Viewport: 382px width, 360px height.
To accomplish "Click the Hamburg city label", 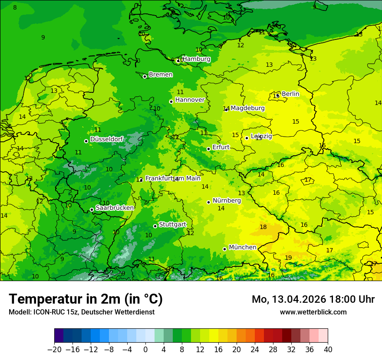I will click(196, 59).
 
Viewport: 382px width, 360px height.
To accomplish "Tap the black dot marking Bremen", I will click(145, 76).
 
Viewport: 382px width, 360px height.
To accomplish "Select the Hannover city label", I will click(190, 100).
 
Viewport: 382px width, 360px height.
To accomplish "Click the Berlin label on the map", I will click(290, 94).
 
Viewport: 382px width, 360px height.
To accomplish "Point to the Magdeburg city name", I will click(247, 108).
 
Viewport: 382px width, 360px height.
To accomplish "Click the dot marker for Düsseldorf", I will click(86, 141).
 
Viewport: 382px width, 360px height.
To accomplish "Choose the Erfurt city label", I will click(221, 147).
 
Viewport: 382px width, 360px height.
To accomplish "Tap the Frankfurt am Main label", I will click(173, 178).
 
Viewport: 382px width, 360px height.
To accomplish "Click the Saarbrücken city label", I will click(115, 208).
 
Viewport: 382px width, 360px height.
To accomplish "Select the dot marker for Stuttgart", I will click(155, 226).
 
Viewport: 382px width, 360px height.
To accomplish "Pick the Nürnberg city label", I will click(227, 200).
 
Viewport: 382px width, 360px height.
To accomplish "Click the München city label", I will click(242, 247).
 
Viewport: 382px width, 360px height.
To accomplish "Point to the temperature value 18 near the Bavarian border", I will click(263, 227).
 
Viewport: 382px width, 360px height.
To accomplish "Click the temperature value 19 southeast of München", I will click(288, 258).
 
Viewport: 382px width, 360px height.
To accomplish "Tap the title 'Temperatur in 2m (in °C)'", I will click(86, 299).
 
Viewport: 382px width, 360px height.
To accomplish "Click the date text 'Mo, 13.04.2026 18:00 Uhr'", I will click(313, 299).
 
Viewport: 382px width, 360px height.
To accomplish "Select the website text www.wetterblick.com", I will click(313, 312).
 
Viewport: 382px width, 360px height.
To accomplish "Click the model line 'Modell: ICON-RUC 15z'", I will click(81, 312).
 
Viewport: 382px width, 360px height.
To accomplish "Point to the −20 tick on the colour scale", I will click(54, 349).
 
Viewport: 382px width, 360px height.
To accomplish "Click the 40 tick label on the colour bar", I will click(328, 349).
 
